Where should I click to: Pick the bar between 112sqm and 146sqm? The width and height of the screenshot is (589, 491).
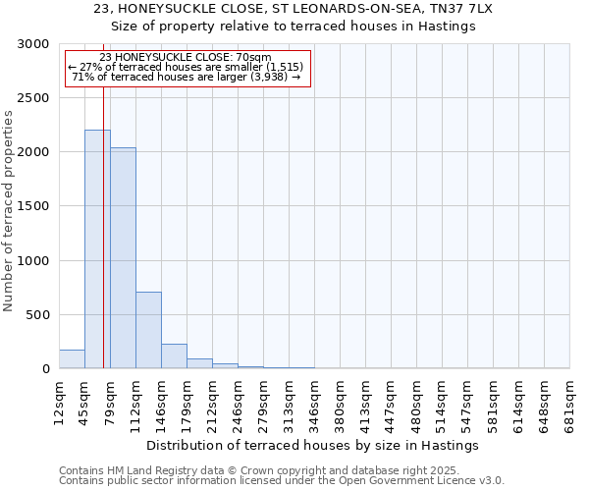148,330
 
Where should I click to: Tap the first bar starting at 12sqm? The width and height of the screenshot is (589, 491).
72,359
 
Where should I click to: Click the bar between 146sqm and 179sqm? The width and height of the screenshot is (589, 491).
174,356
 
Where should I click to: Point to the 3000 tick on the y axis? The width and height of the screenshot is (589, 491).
36,44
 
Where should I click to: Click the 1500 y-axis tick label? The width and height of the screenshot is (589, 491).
36,207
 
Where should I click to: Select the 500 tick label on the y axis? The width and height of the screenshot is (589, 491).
40,315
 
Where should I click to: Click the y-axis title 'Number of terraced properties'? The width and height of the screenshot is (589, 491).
9,211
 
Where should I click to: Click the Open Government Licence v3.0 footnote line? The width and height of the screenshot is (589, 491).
282,481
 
